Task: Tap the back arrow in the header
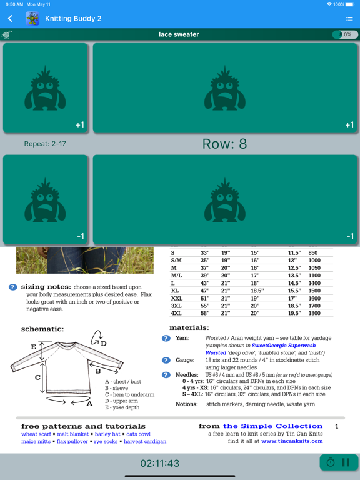coord(11,19)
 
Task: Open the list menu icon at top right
coord(349,19)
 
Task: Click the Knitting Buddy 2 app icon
coord(32,19)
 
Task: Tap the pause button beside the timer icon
coord(346,462)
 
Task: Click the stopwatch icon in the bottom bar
coord(331,462)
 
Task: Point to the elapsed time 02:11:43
coord(160,463)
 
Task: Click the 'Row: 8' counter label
coord(224,144)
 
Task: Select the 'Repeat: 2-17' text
coord(45,144)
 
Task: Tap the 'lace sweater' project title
coord(179,34)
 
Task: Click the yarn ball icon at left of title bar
coord(6,34)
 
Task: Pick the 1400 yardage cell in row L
coord(314,283)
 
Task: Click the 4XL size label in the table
coord(176,313)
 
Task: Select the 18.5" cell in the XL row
coord(257,291)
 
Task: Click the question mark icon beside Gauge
coord(166,360)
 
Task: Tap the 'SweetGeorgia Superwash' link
coord(284,345)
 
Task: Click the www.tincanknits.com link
coord(292,441)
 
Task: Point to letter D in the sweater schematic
coord(104,344)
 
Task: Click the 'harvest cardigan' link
coord(145,441)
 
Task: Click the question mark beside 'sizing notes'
coord(13,287)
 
